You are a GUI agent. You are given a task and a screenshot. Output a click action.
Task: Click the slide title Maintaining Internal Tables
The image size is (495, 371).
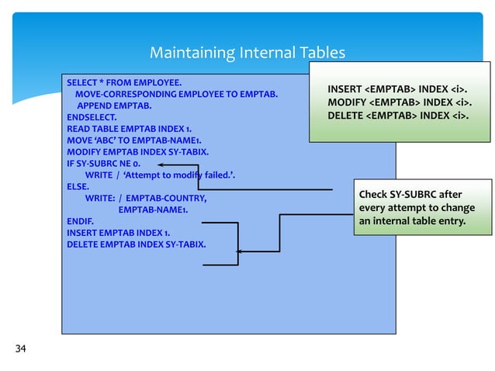click(x=247, y=54)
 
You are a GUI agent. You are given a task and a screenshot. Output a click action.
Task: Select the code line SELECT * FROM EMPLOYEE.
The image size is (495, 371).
click(x=124, y=82)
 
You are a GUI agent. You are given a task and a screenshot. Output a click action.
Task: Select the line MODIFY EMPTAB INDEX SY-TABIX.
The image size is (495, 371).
click(x=137, y=152)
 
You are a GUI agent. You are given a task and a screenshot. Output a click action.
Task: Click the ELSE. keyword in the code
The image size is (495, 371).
click(x=78, y=187)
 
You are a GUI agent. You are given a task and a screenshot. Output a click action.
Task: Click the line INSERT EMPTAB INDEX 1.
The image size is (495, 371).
click(x=119, y=233)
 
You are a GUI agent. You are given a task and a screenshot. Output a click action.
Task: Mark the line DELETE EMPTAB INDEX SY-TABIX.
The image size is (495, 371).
click(x=137, y=244)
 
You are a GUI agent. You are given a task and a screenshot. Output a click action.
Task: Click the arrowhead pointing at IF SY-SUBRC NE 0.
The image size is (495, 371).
click(x=159, y=165)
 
